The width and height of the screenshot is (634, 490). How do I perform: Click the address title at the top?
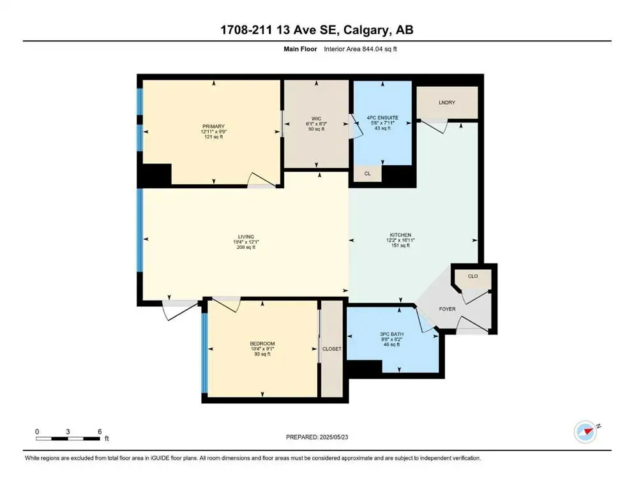pos(317,31)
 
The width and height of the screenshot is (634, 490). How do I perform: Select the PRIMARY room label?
pos(211,126)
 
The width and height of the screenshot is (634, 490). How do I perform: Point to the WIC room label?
pos(317,117)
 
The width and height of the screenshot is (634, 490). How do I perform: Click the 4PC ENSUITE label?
pos(382,117)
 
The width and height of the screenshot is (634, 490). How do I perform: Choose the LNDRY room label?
pos(447,102)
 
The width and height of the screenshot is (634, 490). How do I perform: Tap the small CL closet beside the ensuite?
pos(367,173)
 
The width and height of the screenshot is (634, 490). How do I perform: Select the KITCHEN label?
pos(400,235)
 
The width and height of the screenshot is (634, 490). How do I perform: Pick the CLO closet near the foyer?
pos(472,276)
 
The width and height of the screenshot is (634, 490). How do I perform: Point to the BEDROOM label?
pos(262,344)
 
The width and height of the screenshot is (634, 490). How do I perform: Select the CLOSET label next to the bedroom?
pos(332,349)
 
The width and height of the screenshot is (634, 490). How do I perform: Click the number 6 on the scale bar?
pos(100,431)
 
